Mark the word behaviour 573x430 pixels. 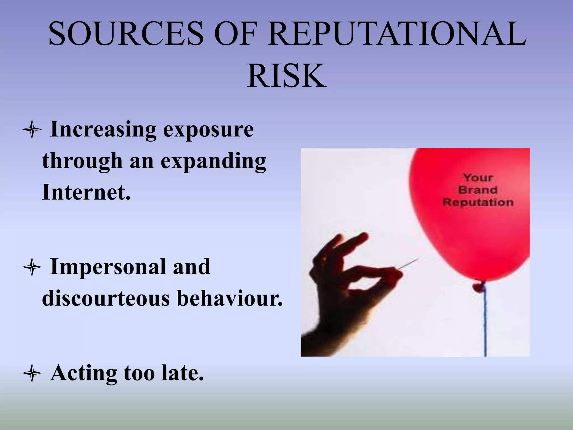pos(229,298)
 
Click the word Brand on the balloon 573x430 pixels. pos(478,190)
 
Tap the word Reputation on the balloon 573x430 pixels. pos(478,202)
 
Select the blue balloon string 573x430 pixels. pos(485,322)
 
